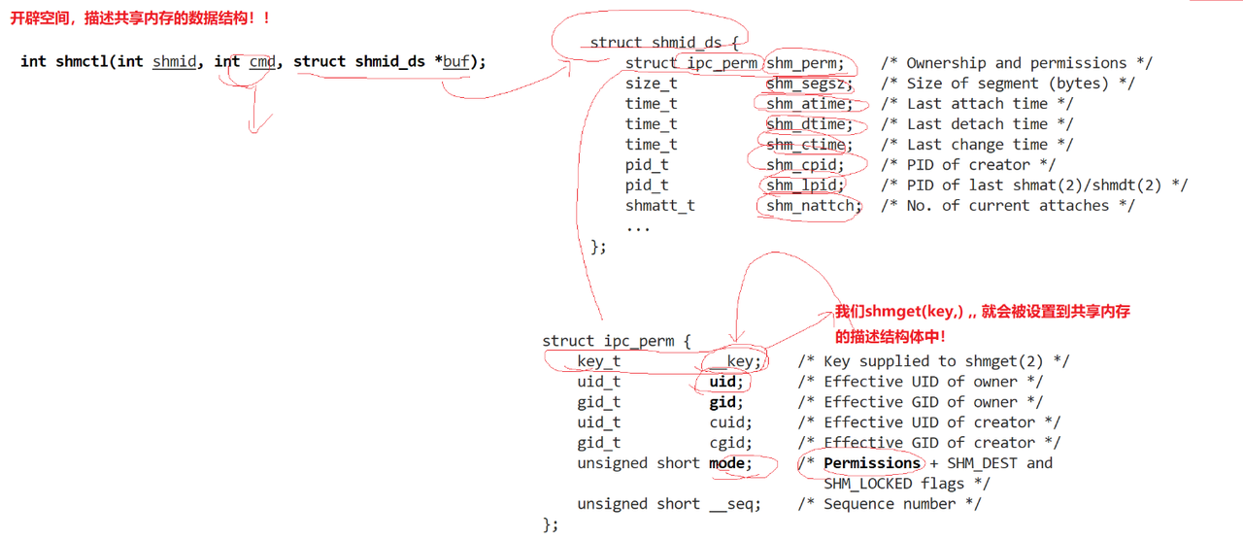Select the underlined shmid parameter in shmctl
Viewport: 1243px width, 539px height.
174,61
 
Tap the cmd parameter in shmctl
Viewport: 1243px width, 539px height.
262,61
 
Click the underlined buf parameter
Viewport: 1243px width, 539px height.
455,61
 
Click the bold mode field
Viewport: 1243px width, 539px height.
729,463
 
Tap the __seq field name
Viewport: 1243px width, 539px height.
734,504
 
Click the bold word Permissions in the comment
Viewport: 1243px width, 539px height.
872,463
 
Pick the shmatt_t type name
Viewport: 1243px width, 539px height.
659,206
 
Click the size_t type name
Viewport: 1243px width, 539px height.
651,84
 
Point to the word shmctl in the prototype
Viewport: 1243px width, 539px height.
82,61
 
